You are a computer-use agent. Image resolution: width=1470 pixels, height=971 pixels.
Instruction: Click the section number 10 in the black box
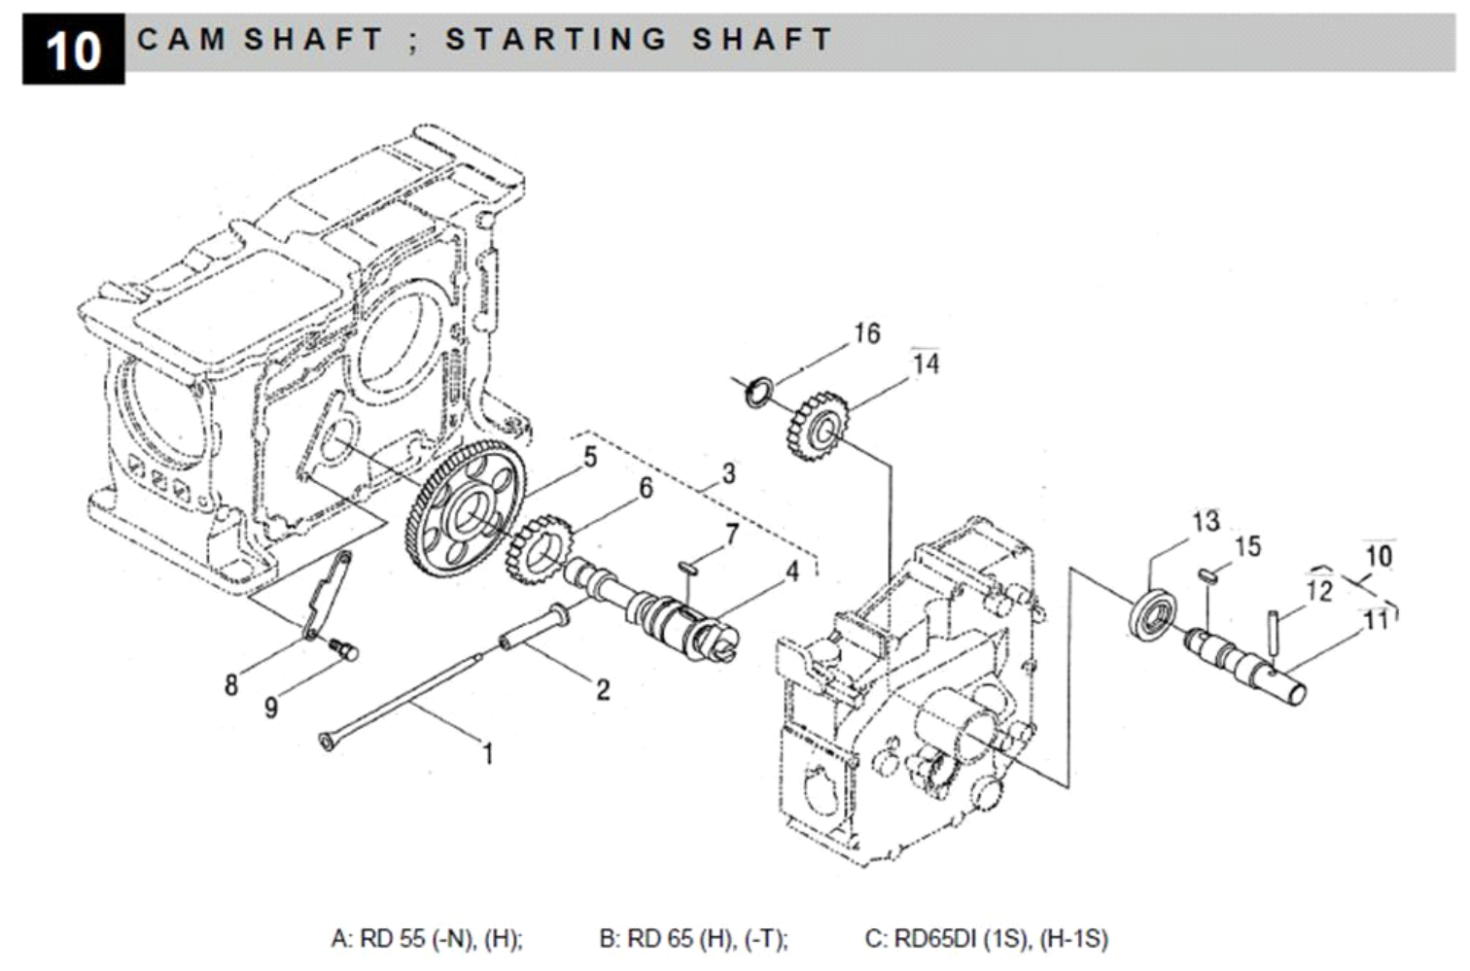pyautogui.click(x=73, y=50)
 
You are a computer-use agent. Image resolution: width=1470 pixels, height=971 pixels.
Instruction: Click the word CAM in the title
pyautogui.click(x=182, y=39)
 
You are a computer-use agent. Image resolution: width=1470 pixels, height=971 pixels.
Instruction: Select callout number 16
pyautogui.click(x=866, y=333)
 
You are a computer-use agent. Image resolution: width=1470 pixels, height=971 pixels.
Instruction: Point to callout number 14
pyautogui.click(x=926, y=364)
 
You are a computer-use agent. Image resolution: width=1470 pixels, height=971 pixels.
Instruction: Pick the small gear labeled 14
pyautogui.click(x=814, y=425)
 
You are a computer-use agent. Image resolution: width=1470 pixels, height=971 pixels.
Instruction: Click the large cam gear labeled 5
pyautogui.click(x=463, y=509)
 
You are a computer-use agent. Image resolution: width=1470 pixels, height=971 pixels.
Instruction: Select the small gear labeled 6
pyautogui.click(x=535, y=549)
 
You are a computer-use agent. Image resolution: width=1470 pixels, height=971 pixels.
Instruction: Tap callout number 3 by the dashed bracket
pyautogui.click(x=728, y=473)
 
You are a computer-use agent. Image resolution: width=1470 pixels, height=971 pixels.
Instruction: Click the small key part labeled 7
pyautogui.click(x=688, y=564)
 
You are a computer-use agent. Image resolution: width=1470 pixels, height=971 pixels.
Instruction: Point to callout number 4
pyautogui.click(x=792, y=572)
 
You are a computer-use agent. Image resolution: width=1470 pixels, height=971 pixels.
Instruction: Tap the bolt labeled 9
pyautogui.click(x=344, y=647)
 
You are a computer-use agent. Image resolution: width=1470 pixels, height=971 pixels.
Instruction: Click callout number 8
pyautogui.click(x=231, y=685)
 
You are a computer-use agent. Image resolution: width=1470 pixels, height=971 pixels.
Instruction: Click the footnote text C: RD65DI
pyautogui.click(x=986, y=939)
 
